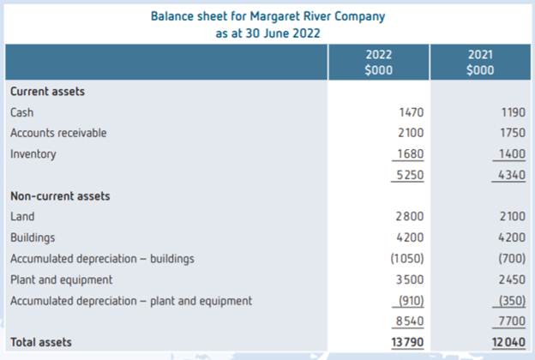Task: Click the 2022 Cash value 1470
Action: pos(412,112)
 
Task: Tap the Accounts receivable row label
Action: pos(58,133)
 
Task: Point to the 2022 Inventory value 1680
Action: pos(412,154)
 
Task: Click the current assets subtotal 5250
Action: pos(412,175)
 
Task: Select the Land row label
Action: pos(22,217)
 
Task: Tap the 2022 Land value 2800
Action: pos(412,217)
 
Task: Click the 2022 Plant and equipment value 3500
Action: pos(412,279)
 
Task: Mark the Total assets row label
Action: pos(40,343)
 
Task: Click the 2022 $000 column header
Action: pos(379,63)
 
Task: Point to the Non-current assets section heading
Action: pos(59,196)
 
